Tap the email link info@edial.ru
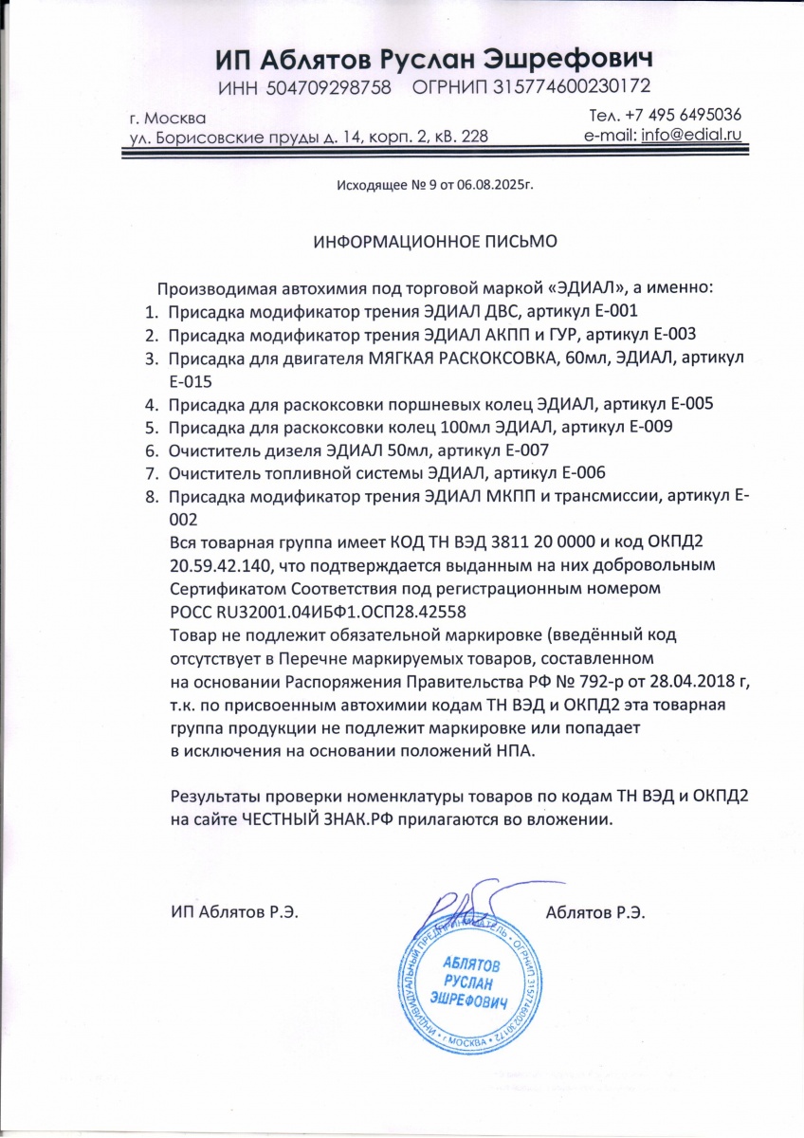click(690, 135)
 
